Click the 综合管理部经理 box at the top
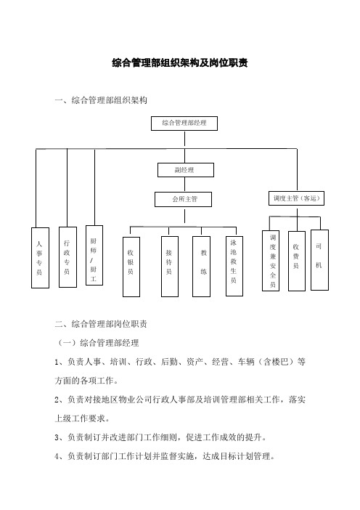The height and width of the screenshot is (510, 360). click(x=184, y=124)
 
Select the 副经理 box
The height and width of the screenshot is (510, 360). click(x=186, y=170)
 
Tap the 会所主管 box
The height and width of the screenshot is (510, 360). click(x=183, y=199)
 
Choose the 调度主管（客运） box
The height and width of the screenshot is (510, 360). click(x=296, y=198)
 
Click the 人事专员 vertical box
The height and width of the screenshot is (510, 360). click(x=41, y=258)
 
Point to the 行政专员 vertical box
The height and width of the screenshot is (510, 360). click(x=68, y=257)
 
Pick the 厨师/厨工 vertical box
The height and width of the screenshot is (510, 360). click(x=94, y=255)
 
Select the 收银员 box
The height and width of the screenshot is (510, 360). click(x=131, y=267)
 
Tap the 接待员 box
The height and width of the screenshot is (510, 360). click(x=170, y=267)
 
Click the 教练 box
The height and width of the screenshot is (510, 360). click(x=202, y=267)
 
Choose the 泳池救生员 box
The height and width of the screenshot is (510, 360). click(x=234, y=266)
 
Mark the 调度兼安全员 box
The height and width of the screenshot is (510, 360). click(x=271, y=261)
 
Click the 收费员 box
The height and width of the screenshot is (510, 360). click(x=297, y=261)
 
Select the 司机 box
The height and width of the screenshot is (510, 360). click(x=319, y=260)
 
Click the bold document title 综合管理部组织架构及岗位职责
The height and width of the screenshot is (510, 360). click(x=180, y=62)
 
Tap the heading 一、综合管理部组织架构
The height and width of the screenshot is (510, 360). click(x=101, y=100)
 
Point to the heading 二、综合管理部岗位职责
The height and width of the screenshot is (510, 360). click(x=101, y=324)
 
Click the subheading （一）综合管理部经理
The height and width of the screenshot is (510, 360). click(x=98, y=343)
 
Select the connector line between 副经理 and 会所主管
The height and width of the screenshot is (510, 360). click(x=185, y=185)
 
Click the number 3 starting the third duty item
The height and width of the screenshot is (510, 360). click(x=57, y=438)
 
